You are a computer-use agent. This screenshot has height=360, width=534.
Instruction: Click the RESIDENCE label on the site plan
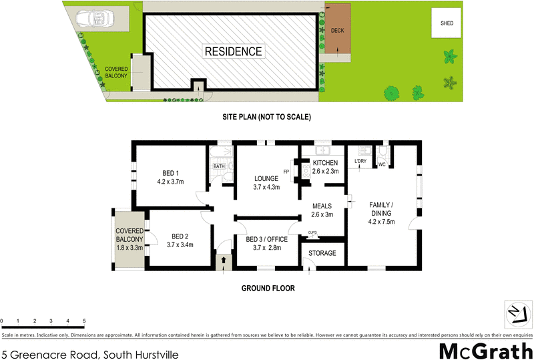[x=233, y=51]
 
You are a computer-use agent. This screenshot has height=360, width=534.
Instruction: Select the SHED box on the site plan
[x=447, y=23]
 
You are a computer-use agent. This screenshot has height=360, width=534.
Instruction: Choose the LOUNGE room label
[x=266, y=178]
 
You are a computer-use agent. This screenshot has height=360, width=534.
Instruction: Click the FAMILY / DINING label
[x=382, y=208]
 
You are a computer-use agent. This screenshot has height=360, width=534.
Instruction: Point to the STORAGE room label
[x=323, y=252]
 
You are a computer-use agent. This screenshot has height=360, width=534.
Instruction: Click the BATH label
[x=219, y=166]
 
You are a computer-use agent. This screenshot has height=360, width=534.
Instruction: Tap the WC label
[x=382, y=164]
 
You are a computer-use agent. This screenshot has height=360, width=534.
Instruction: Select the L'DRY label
[x=361, y=161]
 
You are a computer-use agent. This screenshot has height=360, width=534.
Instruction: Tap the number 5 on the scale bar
[x=84, y=321]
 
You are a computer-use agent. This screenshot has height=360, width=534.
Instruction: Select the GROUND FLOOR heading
[x=267, y=289]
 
